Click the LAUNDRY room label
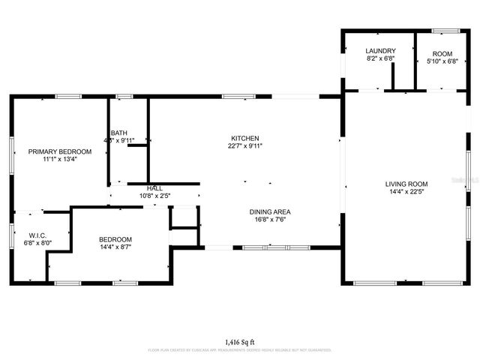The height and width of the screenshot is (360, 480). click(380, 51)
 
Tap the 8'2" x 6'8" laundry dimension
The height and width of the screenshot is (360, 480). click(380, 58)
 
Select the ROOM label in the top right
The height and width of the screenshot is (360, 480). click(442, 53)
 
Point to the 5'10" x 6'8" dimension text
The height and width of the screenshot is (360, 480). click(442, 61)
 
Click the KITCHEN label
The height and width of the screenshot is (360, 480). click(244, 139)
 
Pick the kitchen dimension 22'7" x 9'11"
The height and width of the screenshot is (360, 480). click(244, 146)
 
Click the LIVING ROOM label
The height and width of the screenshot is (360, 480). click(406, 184)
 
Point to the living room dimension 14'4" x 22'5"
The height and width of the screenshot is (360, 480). click(406, 192)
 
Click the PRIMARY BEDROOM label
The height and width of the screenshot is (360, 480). click(60, 151)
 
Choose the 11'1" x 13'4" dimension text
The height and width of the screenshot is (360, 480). click(60, 159)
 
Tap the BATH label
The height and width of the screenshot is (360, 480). click(118, 133)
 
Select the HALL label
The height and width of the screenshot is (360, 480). click(154, 188)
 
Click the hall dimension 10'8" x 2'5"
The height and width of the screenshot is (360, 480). click(154, 196)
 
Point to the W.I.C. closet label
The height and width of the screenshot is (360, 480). click(38, 235)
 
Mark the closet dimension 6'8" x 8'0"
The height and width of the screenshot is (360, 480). click(38, 243)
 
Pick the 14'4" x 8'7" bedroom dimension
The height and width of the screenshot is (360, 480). click(115, 247)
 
